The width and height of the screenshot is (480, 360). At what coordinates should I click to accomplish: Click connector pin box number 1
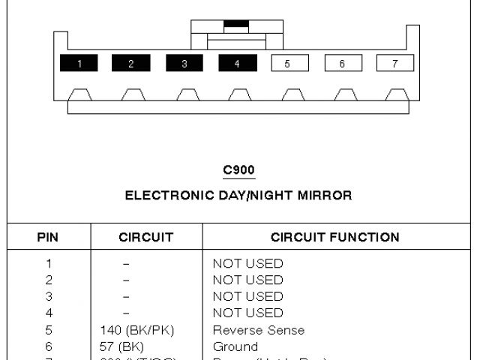pos(78,64)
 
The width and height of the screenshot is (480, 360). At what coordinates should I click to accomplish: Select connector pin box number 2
pos(130,64)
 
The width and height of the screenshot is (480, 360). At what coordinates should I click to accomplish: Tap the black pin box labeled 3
pos(184,64)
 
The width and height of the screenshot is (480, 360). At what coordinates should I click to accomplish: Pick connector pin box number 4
pos(237,64)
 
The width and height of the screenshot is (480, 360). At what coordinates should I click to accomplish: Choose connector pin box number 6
pos(343,64)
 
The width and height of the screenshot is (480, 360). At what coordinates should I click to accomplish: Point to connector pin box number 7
pos(395,64)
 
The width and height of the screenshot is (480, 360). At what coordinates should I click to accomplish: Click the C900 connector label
pos(238,170)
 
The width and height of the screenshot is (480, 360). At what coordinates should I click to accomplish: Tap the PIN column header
pos(48,238)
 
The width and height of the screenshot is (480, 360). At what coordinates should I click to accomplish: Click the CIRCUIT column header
pos(146,238)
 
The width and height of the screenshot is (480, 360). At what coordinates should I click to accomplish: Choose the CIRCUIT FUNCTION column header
pos(335,238)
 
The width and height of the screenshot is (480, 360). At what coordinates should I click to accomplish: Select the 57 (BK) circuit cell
pos(121,346)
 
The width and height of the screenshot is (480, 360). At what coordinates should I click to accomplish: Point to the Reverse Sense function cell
pos(259,330)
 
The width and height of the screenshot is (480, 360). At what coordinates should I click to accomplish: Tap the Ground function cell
pos(235,346)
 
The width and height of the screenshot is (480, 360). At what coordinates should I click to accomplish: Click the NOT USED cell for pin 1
pos(248,263)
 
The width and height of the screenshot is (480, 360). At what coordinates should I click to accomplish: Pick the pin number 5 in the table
pos(49,330)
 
